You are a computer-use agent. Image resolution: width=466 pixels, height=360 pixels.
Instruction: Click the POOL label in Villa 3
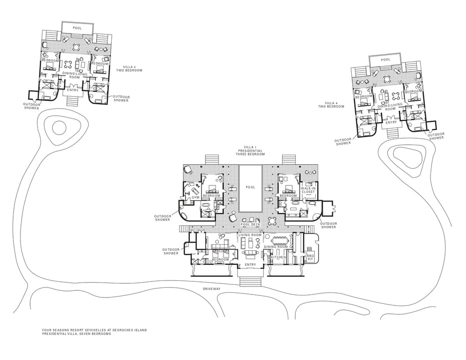point(77,28)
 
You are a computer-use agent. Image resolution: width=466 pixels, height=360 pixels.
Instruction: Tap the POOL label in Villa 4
point(386,60)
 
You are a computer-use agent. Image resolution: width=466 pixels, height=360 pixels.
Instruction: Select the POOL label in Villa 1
point(251,187)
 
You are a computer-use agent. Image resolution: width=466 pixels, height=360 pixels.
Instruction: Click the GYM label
point(195,197)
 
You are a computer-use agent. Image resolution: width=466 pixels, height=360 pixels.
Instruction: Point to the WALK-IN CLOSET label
point(308,190)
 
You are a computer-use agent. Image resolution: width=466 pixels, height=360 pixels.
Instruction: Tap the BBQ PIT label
point(310,257)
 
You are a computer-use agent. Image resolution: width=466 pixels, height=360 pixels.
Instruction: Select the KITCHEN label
point(278,257)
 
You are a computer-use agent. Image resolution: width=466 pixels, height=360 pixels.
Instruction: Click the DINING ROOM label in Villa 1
point(276,247)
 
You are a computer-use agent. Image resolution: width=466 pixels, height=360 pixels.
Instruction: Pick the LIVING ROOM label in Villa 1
point(250,235)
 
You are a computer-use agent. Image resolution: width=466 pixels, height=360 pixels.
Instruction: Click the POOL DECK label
point(251,224)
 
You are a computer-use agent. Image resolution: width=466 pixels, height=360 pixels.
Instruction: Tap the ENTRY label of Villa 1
point(250,265)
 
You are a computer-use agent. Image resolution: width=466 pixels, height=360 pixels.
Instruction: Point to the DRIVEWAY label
point(211,289)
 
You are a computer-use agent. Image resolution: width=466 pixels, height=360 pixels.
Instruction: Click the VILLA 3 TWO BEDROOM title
point(129,69)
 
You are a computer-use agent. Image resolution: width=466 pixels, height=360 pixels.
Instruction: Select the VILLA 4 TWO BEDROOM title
point(331,105)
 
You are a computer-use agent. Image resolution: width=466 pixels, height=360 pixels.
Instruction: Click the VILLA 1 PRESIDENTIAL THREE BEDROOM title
point(250,151)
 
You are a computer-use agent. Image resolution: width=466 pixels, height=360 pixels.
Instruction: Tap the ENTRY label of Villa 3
point(73,90)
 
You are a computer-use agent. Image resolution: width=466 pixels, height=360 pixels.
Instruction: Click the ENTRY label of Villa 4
point(391,122)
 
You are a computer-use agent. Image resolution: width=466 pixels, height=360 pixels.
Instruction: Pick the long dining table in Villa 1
point(280,240)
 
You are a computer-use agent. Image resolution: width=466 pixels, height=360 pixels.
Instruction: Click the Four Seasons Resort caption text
point(95,332)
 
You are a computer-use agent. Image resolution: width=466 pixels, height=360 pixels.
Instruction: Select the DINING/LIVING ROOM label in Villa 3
point(75,76)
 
